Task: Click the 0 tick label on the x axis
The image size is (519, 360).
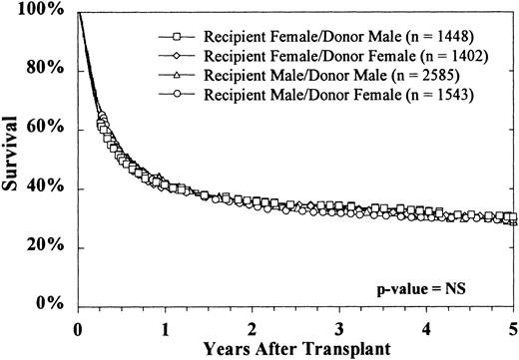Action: click(x=78, y=325)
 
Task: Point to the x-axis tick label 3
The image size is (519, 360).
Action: click(x=339, y=325)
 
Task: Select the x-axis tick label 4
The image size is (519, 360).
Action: click(x=426, y=325)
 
